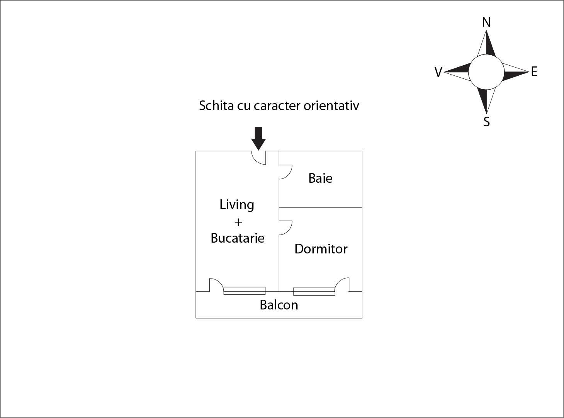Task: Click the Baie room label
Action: [320, 178]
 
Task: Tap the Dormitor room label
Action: [321, 249]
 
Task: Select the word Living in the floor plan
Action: [237, 204]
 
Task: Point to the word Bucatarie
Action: [237, 238]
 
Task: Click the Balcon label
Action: [279, 305]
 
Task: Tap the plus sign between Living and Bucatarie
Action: [238, 222]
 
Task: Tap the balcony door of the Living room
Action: [216, 285]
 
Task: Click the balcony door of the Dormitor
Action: [342, 285]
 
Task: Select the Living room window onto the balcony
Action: [245, 291]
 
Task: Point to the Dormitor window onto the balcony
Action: [314, 291]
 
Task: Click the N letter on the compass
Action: [486, 22]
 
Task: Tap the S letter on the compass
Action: [487, 122]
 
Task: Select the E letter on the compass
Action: [534, 72]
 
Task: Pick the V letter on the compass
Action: [438, 72]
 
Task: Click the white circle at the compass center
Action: [486, 72]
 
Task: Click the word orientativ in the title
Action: [331, 105]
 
